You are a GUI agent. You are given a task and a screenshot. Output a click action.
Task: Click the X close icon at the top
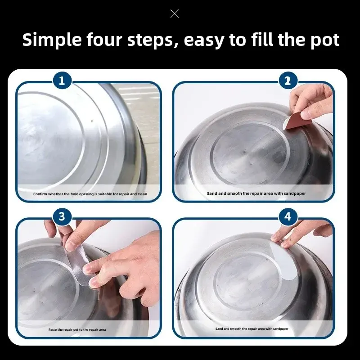pyautogui.click(x=175, y=14)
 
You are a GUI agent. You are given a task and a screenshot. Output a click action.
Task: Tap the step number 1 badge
pyautogui.click(x=62, y=81)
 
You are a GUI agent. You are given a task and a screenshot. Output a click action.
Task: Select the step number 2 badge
pyautogui.click(x=288, y=81)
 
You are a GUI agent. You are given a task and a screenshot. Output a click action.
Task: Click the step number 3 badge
pyautogui.click(x=62, y=216)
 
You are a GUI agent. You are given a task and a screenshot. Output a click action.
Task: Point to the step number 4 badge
pyautogui.click(x=288, y=216)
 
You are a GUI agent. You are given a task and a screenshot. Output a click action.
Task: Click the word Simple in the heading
pyautogui.click(x=52, y=40)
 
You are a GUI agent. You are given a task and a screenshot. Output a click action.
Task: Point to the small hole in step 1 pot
pyautogui.click(x=92, y=121)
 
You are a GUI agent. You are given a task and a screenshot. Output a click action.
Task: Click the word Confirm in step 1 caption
pyautogui.click(x=40, y=194)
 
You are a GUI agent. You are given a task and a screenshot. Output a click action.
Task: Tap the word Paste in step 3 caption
pyautogui.click(x=52, y=330)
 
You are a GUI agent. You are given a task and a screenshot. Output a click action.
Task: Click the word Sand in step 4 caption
pyautogui.click(x=219, y=329)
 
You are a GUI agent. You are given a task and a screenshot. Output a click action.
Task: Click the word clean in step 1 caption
pyautogui.click(x=142, y=194)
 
